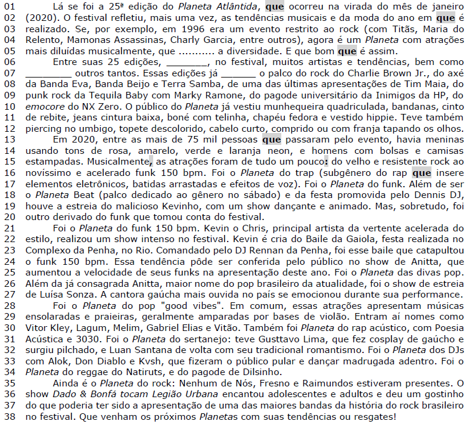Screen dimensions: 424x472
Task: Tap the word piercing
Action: [x=46, y=129]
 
